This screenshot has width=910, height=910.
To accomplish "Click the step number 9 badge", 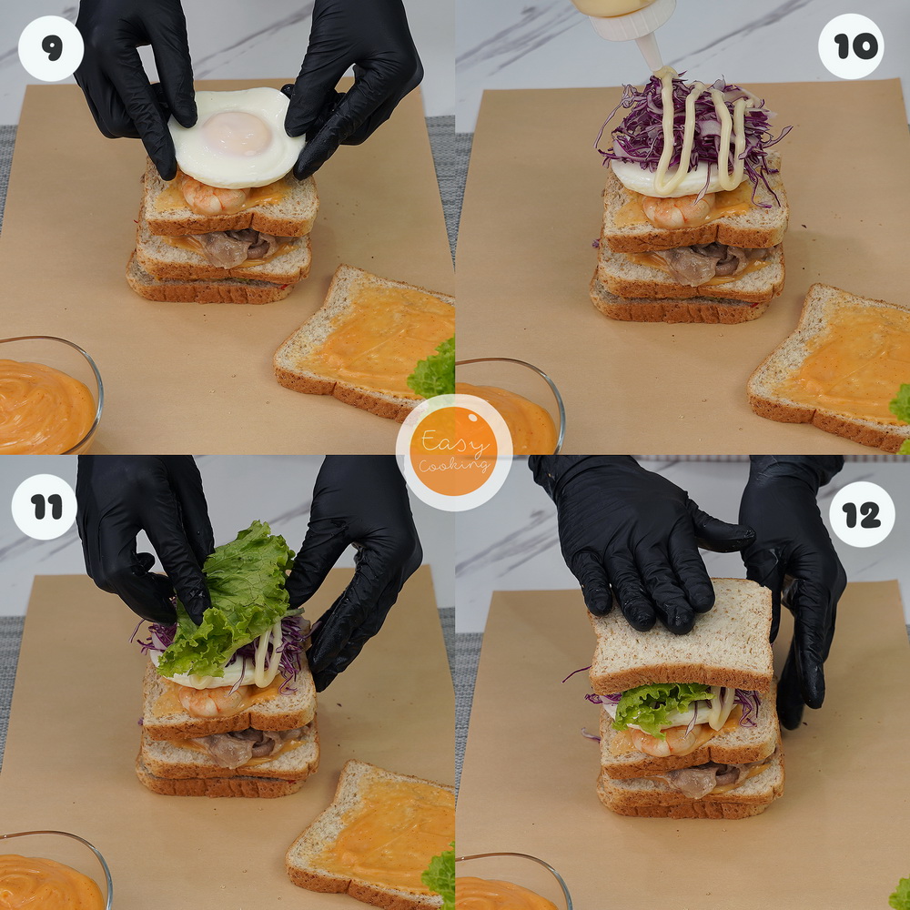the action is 50,49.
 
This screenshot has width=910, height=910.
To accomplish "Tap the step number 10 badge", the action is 851,46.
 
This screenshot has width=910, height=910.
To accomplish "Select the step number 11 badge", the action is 44,507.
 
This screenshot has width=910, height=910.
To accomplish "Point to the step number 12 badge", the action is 862,514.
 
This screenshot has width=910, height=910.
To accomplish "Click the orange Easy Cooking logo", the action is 454,452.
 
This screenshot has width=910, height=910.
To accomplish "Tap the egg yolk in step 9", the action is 237,134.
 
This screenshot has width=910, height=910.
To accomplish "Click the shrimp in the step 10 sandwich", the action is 678,210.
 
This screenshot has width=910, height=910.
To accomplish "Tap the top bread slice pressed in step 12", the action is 681,635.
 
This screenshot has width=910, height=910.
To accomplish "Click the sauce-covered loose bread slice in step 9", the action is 365,342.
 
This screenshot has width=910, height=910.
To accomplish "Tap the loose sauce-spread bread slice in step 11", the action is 370,835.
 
